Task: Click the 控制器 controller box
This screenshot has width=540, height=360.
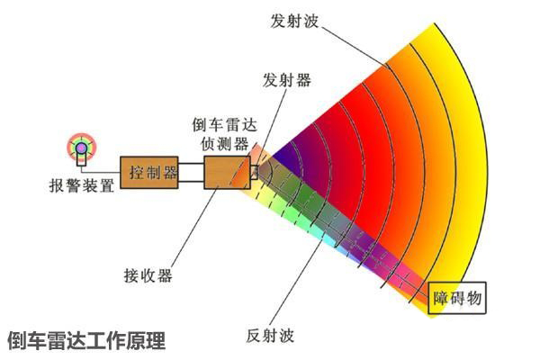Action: click(x=149, y=172)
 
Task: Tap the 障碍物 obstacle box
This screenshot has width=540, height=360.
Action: click(x=456, y=298)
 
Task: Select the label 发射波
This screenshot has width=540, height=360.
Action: click(x=294, y=21)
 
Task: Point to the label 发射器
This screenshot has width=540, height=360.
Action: click(x=287, y=80)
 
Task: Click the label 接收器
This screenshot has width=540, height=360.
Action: click(x=148, y=275)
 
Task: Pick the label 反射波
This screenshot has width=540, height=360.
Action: click(x=270, y=336)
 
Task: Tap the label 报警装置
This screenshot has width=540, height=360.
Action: click(x=82, y=185)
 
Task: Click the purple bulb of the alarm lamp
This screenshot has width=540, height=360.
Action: click(x=82, y=148)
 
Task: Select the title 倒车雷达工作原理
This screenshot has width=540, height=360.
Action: click(x=86, y=340)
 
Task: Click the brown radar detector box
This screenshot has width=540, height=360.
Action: click(x=228, y=172)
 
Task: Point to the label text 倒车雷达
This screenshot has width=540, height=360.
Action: click(x=224, y=125)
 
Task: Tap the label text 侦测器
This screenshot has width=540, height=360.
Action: click(x=224, y=143)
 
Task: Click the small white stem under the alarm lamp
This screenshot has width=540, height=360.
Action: click(x=82, y=159)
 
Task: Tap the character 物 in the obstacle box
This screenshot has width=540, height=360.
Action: click(x=474, y=298)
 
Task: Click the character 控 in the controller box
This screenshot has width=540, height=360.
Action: click(x=137, y=172)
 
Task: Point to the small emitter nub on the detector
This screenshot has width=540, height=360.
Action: click(x=254, y=172)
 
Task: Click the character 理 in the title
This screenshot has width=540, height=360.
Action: click(x=156, y=340)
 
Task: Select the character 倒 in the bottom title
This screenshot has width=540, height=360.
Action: click(x=17, y=340)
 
